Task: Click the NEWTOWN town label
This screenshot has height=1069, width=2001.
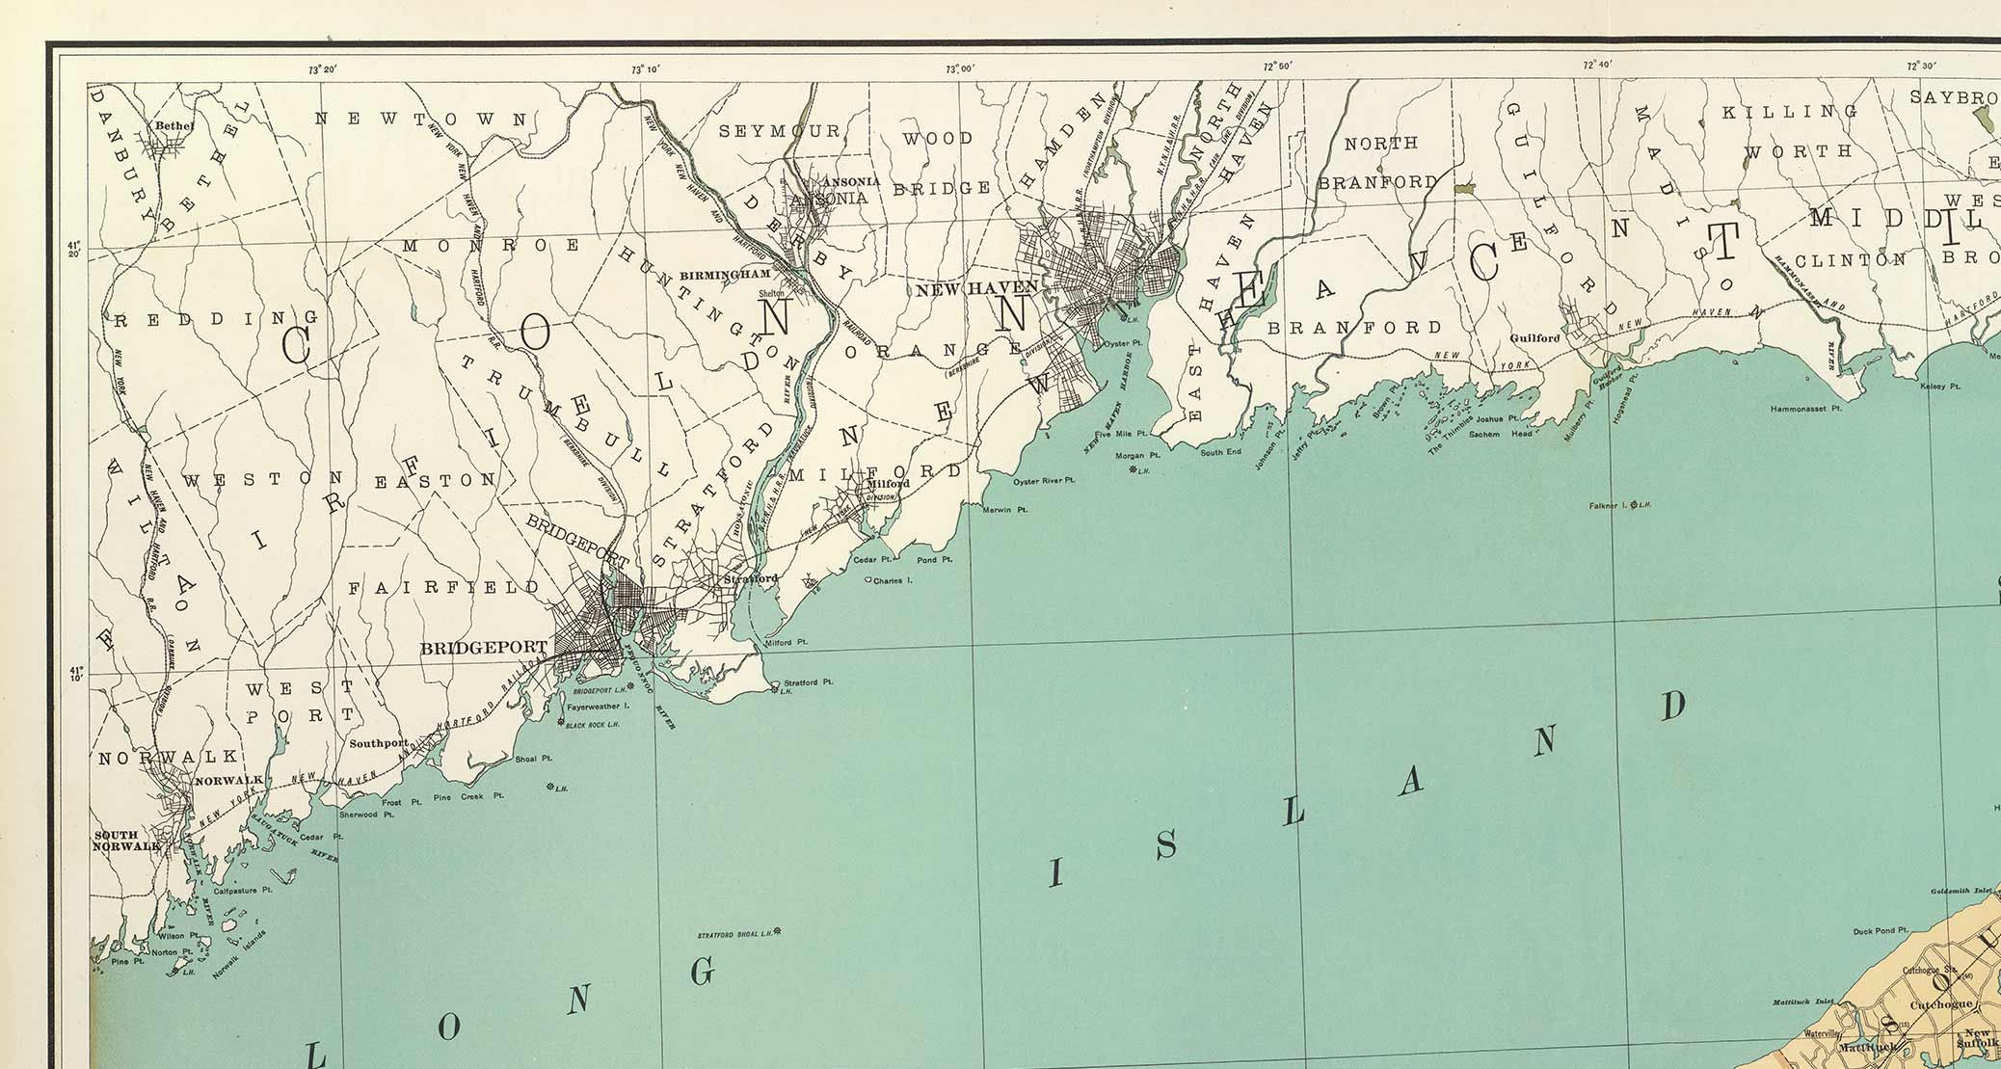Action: (x=423, y=120)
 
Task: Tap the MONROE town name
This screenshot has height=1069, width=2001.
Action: (x=492, y=246)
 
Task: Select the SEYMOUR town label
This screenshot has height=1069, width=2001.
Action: (x=780, y=131)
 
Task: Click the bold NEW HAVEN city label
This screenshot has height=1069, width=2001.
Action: (x=976, y=288)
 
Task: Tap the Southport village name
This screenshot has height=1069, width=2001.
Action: (x=379, y=743)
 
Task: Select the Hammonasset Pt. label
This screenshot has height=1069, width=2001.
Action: (x=1805, y=409)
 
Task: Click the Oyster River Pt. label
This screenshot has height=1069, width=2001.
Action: (x=1043, y=480)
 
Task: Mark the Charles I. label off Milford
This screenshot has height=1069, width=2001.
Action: (x=892, y=580)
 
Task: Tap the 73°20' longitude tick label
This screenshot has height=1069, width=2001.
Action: (x=322, y=69)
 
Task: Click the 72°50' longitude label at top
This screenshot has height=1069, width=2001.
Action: (x=1277, y=66)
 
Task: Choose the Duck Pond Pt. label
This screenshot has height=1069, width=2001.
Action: (x=1880, y=931)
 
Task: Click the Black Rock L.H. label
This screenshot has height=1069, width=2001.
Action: (x=591, y=725)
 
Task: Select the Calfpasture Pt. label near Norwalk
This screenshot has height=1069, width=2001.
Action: (x=242, y=891)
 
